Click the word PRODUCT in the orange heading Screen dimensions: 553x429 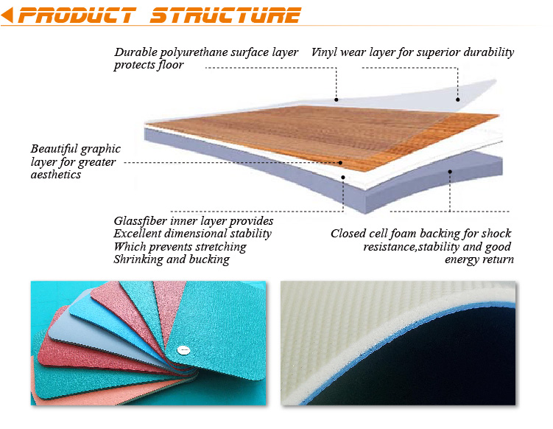[x=77, y=15]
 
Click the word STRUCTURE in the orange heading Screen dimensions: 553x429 [x=226, y=15]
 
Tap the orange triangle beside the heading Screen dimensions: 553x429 [x=7, y=15]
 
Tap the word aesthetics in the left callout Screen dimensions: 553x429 [x=56, y=175]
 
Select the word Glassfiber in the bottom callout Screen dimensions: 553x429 [x=141, y=221]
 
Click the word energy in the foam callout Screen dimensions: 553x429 [x=462, y=260]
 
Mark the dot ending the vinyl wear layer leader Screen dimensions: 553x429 [x=458, y=100]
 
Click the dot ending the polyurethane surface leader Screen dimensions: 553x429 [x=336, y=100]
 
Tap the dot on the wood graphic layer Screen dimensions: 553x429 [x=340, y=163]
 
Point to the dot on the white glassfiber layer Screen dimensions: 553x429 [x=343, y=177]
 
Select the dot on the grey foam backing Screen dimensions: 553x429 [x=450, y=172]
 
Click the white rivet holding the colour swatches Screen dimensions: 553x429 [x=183, y=350]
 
